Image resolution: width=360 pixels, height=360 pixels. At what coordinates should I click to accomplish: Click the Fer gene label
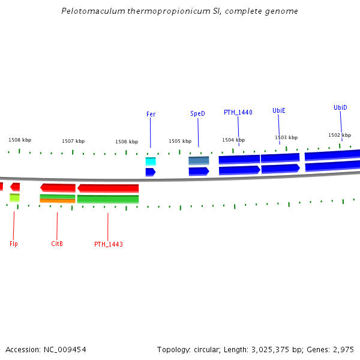(x=151, y=114)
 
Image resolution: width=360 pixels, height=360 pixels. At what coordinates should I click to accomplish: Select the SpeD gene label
(x=197, y=113)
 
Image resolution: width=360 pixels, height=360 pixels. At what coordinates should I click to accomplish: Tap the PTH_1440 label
(x=238, y=112)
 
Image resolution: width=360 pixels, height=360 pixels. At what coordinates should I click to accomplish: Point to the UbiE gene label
(x=278, y=110)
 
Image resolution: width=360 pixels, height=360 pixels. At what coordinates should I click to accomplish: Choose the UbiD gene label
(x=340, y=108)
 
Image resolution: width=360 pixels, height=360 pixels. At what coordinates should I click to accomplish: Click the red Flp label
(x=14, y=244)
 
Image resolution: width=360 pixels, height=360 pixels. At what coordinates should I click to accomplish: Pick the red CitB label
(x=57, y=244)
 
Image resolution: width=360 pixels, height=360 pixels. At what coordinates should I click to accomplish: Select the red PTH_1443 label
(x=108, y=245)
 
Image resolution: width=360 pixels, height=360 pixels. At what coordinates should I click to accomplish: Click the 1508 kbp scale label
(x=20, y=140)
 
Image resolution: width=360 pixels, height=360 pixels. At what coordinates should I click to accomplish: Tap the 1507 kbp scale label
(x=73, y=142)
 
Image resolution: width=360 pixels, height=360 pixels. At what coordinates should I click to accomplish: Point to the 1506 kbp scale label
(x=127, y=142)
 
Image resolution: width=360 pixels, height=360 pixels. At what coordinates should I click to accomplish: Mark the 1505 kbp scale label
(x=179, y=142)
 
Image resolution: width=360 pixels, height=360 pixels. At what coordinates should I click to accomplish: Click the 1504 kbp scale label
(x=233, y=140)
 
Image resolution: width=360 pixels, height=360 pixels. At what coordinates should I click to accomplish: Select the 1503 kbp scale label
(x=286, y=137)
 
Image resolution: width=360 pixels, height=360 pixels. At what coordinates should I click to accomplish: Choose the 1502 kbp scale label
(x=339, y=135)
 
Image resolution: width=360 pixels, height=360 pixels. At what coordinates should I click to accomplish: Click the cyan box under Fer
(x=151, y=161)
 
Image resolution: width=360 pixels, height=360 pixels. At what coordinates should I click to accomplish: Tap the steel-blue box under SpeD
(x=199, y=161)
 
